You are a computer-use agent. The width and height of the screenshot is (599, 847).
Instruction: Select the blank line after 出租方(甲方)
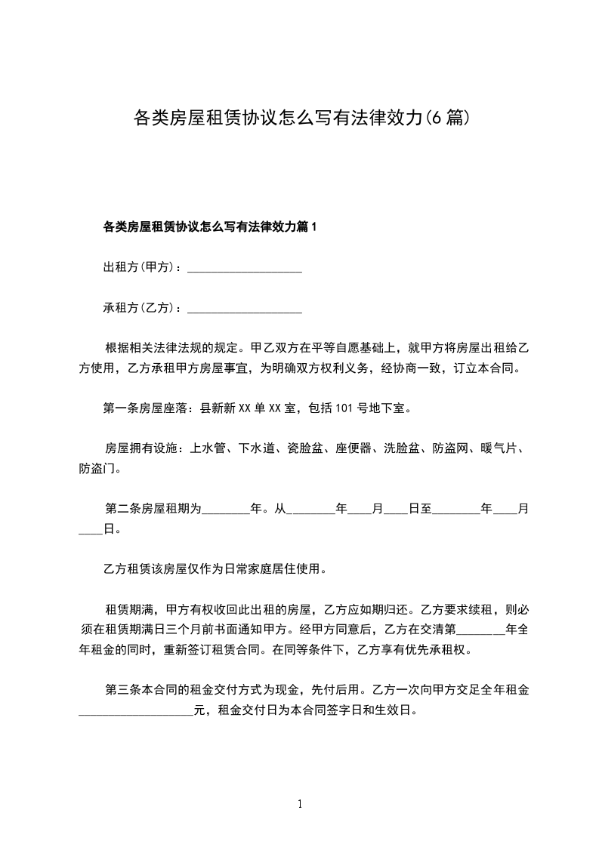click(244, 267)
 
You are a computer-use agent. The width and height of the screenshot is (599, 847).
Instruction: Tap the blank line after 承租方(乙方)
click(244, 308)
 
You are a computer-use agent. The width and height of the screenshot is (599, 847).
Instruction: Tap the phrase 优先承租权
click(444, 648)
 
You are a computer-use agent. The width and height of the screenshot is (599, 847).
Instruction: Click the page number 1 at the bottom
click(300, 805)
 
